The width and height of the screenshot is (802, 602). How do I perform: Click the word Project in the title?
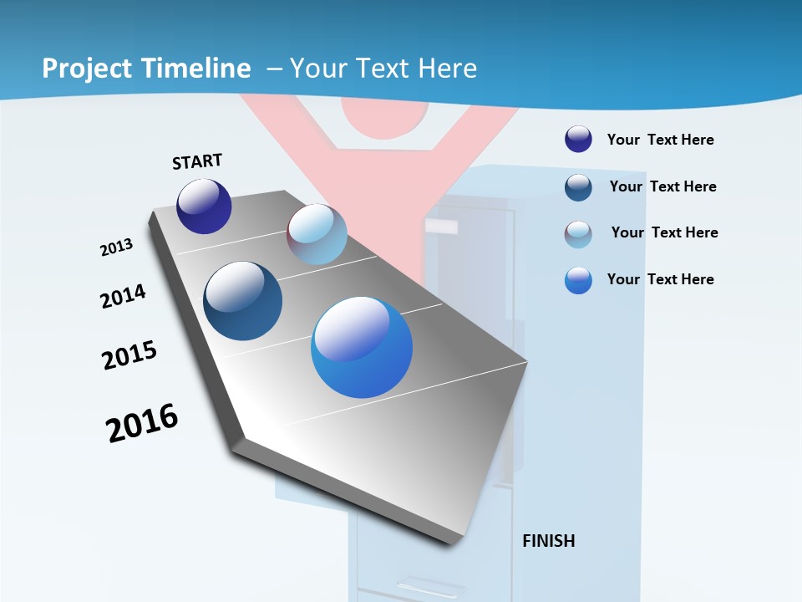click(86, 69)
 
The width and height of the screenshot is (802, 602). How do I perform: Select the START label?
click(197, 161)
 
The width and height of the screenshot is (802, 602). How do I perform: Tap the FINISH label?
click(548, 541)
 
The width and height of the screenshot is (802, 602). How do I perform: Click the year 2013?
click(116, 247)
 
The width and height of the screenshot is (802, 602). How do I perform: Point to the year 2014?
click(123, 296)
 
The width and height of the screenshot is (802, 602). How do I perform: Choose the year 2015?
click(129, 355)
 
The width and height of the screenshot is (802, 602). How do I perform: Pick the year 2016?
click(142, 423)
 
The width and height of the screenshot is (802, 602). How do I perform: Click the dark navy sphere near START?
click(204, 206)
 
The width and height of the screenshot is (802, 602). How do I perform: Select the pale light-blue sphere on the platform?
click(317, 234)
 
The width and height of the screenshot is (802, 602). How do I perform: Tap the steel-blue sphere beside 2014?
click(242, 301)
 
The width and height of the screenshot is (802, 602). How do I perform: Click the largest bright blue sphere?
click(362, 347)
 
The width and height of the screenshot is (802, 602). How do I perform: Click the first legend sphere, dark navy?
click(578, 139)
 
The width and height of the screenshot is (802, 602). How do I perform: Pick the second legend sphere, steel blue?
click(578, 187)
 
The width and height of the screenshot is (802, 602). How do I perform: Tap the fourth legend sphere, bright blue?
click(578, 280)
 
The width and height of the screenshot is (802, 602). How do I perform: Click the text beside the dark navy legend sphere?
click(660, 140)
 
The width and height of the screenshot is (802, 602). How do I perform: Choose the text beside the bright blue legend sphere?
click(660, 279)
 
